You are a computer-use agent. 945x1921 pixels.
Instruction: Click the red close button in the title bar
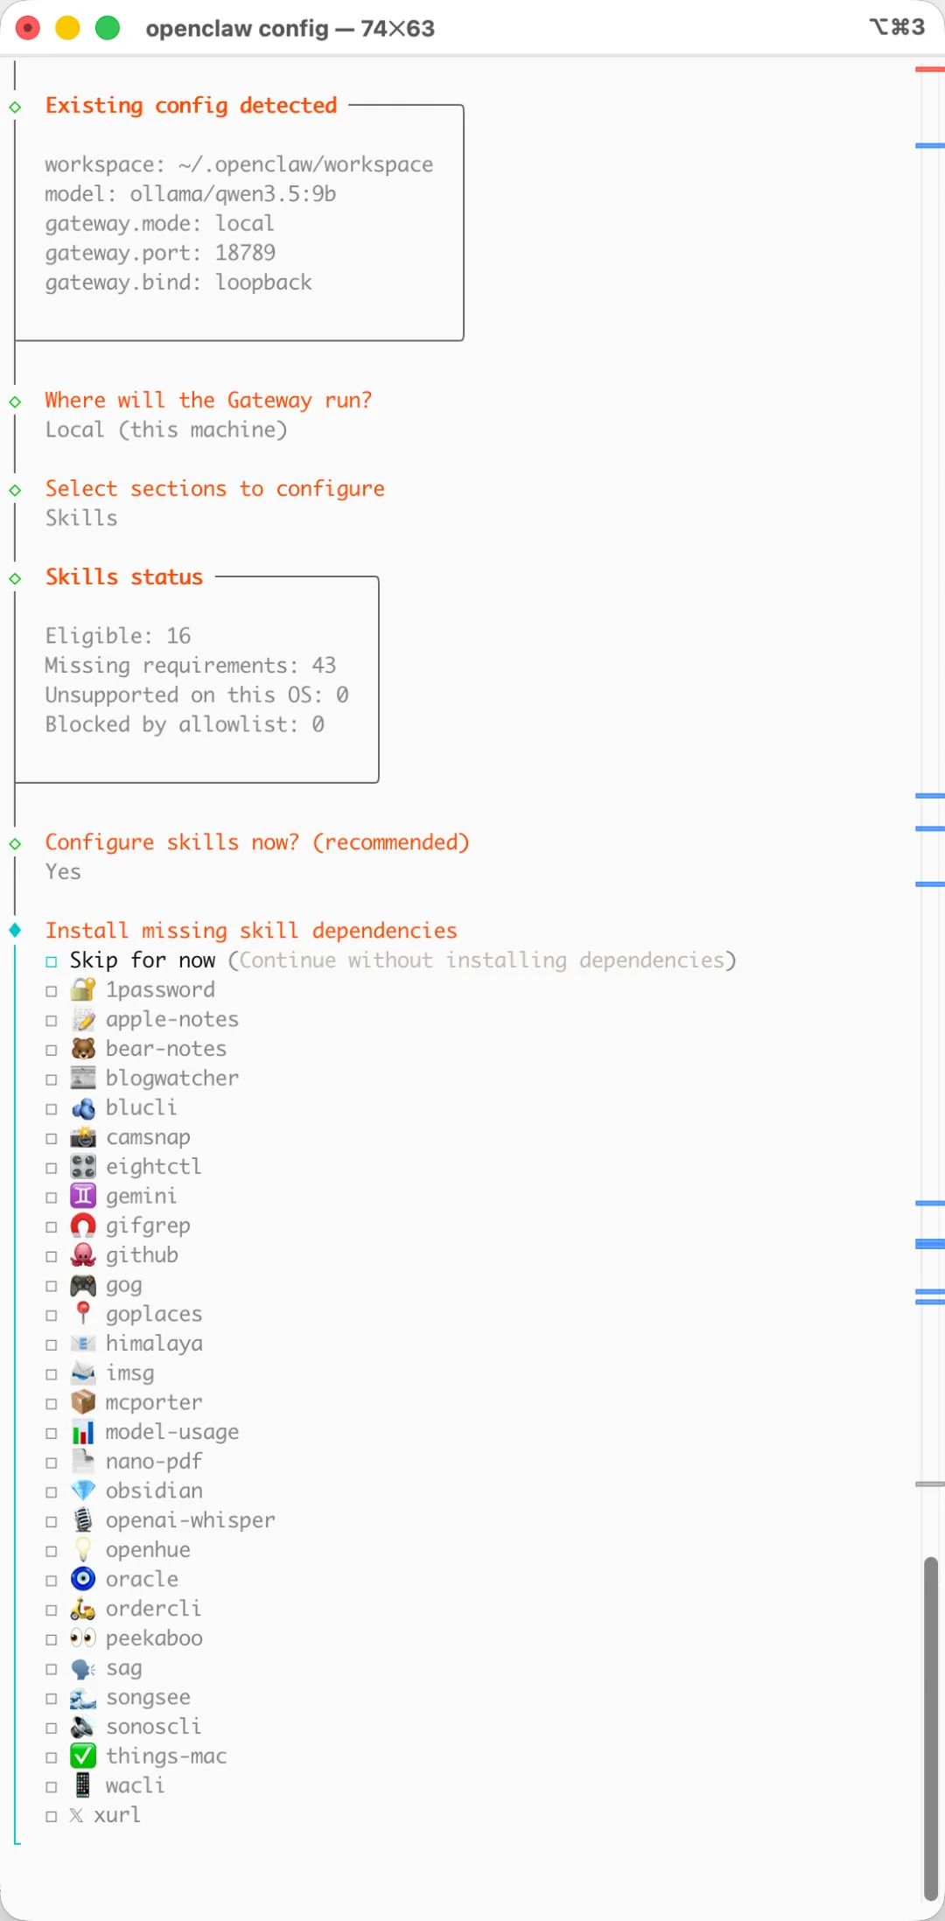(x=28, y=28)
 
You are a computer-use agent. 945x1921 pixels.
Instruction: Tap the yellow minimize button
(x=67, y=28)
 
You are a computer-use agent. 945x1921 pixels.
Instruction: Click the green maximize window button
(x=107, y=28)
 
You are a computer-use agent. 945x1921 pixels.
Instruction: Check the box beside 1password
(x=52, y=991)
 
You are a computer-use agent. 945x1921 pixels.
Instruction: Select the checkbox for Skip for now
(x=52, y=961)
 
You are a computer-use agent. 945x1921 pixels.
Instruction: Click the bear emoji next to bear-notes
(x=83, y=1049)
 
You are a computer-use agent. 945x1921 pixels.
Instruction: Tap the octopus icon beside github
(x=83, y=1255)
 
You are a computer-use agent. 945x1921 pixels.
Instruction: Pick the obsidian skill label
(x=154, y=1491)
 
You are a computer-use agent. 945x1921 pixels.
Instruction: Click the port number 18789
(x=245, y=253)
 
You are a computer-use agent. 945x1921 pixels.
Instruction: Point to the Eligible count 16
(x=178, y=636)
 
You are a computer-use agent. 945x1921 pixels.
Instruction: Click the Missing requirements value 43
(x=324, y=666)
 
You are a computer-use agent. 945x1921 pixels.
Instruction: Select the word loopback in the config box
(x=263, y=283)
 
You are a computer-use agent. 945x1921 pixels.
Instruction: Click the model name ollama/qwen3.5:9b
(x=233, y=194)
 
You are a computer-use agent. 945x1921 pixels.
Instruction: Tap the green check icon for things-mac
(x=83, y=1756)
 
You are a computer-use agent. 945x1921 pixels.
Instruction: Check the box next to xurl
(x=52, y=1816)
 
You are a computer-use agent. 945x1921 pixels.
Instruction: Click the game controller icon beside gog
(x=83, y=1285)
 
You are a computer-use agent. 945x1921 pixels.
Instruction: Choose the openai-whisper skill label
(x=190, y=1520)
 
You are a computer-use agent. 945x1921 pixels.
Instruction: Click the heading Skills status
(x=124, y=577)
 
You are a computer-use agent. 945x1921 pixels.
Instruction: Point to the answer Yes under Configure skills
(x=63, y=872)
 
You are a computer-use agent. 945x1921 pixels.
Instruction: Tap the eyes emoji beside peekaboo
(x=83, y=1638)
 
